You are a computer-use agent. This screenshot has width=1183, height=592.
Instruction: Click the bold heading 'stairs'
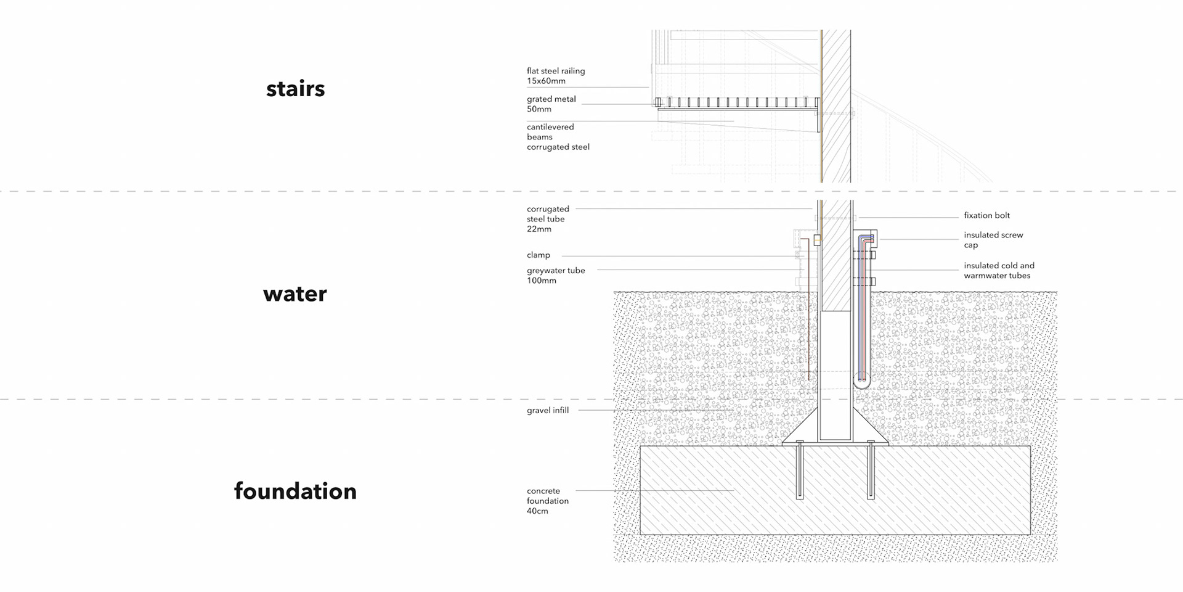[x=295, y=89]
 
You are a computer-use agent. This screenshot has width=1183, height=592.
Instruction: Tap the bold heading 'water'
[x=295, y=294]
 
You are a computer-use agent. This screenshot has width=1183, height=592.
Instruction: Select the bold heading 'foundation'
[x=295, y=491]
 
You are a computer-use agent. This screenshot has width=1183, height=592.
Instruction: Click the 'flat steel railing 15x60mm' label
[x=556, y=76]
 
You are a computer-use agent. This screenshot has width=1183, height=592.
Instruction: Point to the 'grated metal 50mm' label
[x=551, y=104]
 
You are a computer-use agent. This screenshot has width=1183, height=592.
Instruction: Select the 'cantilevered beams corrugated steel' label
[x=558, y=137]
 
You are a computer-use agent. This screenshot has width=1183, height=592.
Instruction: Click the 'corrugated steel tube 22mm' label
[x=548, y=219]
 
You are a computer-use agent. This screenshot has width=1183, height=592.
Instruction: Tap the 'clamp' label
[x=539, y=255]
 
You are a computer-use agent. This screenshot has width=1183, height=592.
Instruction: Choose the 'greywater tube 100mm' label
[x=556, y=275]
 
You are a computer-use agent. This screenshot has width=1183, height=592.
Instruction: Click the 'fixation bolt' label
[x=986, y=216]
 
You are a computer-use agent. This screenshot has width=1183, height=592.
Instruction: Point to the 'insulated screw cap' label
[x=993, y=240]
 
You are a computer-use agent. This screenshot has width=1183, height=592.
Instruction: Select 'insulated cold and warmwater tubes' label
[x=999, y=271]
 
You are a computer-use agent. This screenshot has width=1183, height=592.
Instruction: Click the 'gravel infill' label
[x=548, y=411]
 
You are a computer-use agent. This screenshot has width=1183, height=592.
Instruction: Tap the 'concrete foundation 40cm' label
[x=547, y=501]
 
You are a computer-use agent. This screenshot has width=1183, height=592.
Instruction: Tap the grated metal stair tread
[x=737, y=102]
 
